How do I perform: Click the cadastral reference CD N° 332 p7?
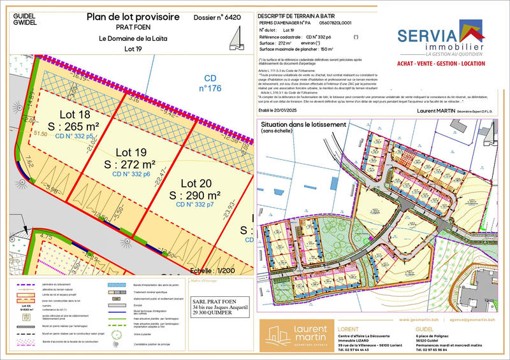click(194, 205)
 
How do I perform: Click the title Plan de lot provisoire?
click(133, 17)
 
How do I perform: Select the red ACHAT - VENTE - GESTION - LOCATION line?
click(440, 65)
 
